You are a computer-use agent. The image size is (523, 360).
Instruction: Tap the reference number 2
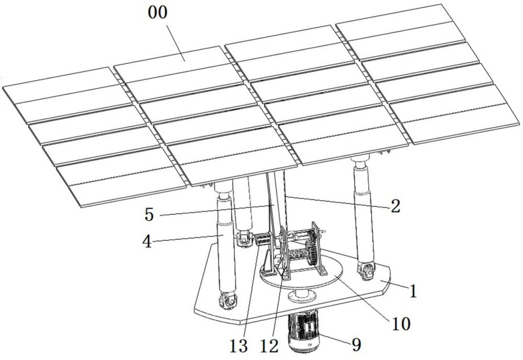click(x=396, y=206)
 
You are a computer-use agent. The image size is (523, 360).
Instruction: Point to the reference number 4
click(x=147, y=242)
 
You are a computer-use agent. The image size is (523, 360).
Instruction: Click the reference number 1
click(x=413, y=291)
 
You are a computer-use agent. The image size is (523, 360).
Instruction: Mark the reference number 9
click(x=356, y=345)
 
